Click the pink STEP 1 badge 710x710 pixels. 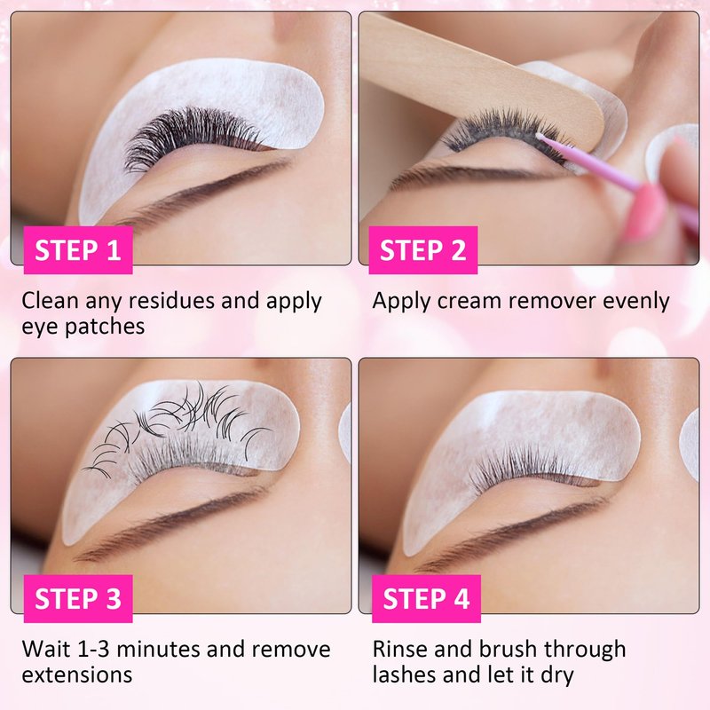pyautogui.click(x=78, y=250)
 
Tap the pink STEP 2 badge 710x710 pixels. pyautogui.click(x=423, y=250)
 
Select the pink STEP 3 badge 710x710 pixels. pyautogui.click(x=78, y=598)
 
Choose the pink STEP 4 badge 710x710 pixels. pyautogui.click(x=426, y=598)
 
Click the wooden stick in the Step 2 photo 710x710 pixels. pyautogui.click(x=480, y=75)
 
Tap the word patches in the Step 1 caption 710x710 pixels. pyautogui.click(x=105, y=327)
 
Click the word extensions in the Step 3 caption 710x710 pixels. pyautogui.click(x=77, y=675)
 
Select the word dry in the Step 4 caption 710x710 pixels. pyautogui.click(x=557, y=675)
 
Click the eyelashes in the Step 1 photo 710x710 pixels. pyautogui.click(x=190, y=136)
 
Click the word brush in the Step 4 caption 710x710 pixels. pyautogui.click(x=508, y=650)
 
